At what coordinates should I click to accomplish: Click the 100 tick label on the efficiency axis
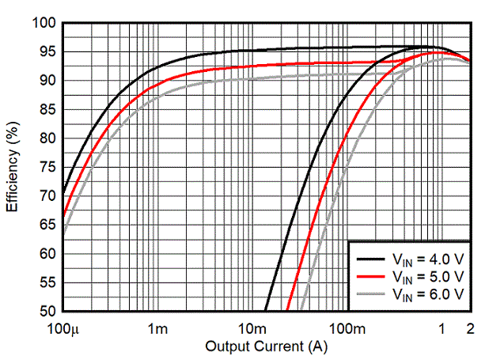(x=44, y=23)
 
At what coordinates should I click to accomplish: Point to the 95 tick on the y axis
(x=48, y=51)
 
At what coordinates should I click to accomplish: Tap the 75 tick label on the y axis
(x=48, y=167)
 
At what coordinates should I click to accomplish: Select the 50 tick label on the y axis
(x=48, y=311)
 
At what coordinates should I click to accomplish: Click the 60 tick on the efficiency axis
(x=48, y=254)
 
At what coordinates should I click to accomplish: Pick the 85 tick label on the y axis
(x=48, y=109)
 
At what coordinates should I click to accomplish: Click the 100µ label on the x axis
(x=63, y=329)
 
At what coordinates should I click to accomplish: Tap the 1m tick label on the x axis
(x=157, y=329)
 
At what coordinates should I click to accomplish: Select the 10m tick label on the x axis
(x=252, y=329)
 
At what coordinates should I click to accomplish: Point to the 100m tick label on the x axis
(x=347, y=329)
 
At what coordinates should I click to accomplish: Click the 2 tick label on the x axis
(x=470, y=329)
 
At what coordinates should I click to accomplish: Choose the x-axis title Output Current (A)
(x=267, y=347)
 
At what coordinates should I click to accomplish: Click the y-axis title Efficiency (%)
(x=13, y=167)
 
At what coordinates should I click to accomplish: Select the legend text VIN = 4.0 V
(x=428, y=260)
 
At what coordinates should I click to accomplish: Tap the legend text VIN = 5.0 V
(x=428, y=276)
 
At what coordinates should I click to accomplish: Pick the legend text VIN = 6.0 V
(x=428, y=294)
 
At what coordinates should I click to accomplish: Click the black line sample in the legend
(x=370, y=259)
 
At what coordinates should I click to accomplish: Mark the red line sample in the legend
(x=370, y=276)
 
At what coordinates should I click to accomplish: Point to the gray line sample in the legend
(x=370, y=294)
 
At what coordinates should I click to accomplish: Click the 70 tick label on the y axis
(x=48, y=196)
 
